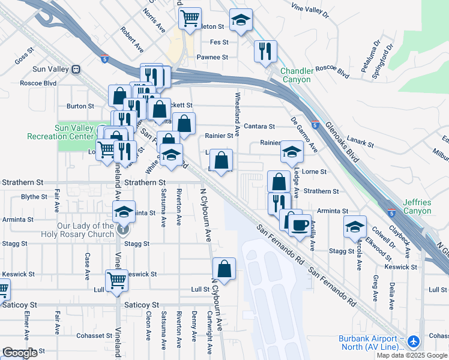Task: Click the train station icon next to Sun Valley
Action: tap(76, 69)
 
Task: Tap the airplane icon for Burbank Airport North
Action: tap(412, 341)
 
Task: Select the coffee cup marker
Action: tap(300, 225)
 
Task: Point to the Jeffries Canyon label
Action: tap(417, 207)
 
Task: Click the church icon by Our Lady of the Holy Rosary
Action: tap(123, 229)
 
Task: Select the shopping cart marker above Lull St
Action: tap(116, 279)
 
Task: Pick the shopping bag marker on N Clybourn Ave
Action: tap(224, 269)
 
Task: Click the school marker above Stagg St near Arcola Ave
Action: tap(355, 227)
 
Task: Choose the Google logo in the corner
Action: tap(19, 353)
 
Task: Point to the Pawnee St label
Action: tap(212, 58)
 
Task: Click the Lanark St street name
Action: tap(360, 145)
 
